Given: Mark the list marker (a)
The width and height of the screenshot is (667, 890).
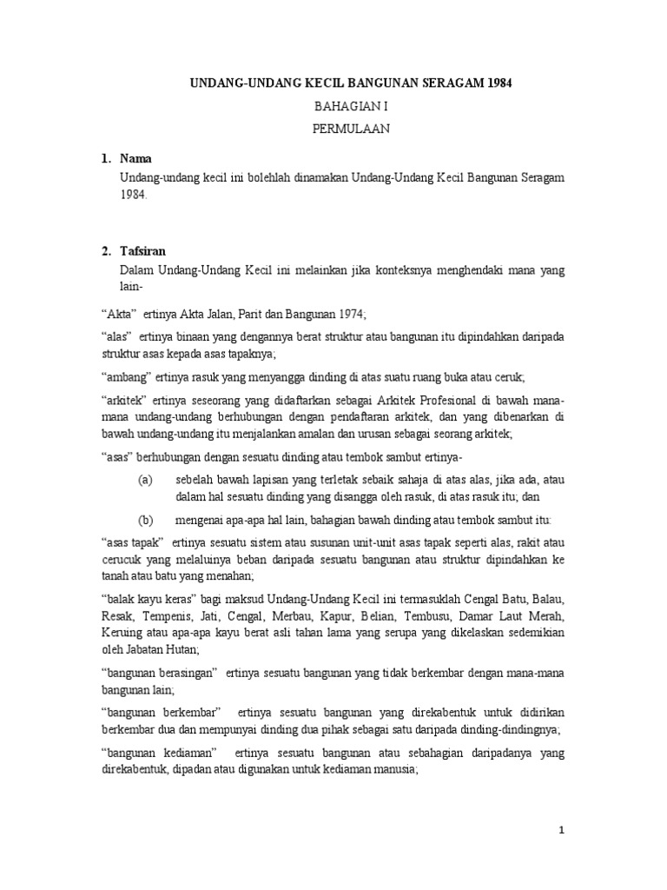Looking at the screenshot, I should point(145,480).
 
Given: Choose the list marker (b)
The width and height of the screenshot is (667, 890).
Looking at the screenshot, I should point(145,520).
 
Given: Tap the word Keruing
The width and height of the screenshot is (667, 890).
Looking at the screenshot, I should point(122,633).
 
